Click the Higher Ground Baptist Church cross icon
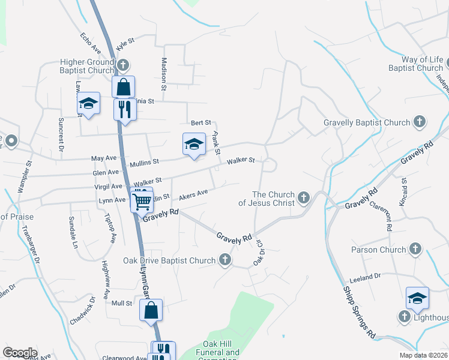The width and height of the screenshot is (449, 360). click(x=123, y=65)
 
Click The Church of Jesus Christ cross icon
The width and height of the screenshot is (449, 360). click(x=304, y=197)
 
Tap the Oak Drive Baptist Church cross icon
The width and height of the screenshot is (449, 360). click(x=225, y=260)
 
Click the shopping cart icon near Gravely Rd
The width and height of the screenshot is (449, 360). click(x=142, y=201)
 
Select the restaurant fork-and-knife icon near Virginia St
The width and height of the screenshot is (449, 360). click(x=124, y=110)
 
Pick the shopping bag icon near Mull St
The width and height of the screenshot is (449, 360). click(x=151, y=311)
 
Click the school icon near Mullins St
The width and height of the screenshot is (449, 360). click(x=193, y=144)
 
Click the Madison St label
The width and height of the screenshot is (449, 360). click(x=163, y=71)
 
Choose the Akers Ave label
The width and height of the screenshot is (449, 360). click(x=194, y=194)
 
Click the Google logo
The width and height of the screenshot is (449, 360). click(x=20, y=352)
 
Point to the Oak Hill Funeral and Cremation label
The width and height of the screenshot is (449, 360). click(x=217, y=353)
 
